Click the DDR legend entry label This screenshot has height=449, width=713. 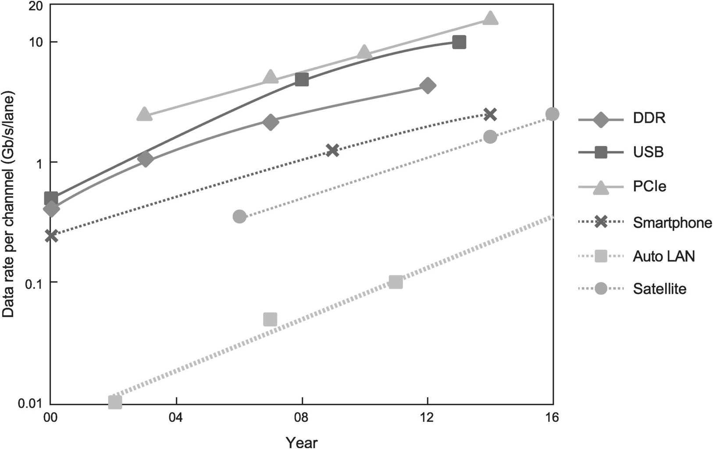(649, 118)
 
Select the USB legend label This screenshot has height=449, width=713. (649, 153)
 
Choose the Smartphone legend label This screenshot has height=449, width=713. (672, 222)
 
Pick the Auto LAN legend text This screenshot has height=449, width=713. (664, 256)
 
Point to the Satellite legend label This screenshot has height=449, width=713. (660, 289)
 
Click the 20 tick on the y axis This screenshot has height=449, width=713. (36, 6)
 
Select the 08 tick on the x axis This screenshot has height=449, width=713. (302, 418)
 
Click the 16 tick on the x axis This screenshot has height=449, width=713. (553, 418)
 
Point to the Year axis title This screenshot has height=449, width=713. (301, 442)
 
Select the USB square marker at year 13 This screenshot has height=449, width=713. (459, 43)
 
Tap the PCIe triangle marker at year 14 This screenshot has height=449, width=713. (490, 19)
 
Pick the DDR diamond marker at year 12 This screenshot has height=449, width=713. (428, 86)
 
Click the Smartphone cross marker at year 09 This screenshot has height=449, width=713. (333, 150)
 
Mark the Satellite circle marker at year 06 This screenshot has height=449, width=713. (239, 216)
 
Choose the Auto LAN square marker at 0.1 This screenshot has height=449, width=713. (396, 282)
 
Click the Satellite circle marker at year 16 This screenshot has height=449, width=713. (553, 114)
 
